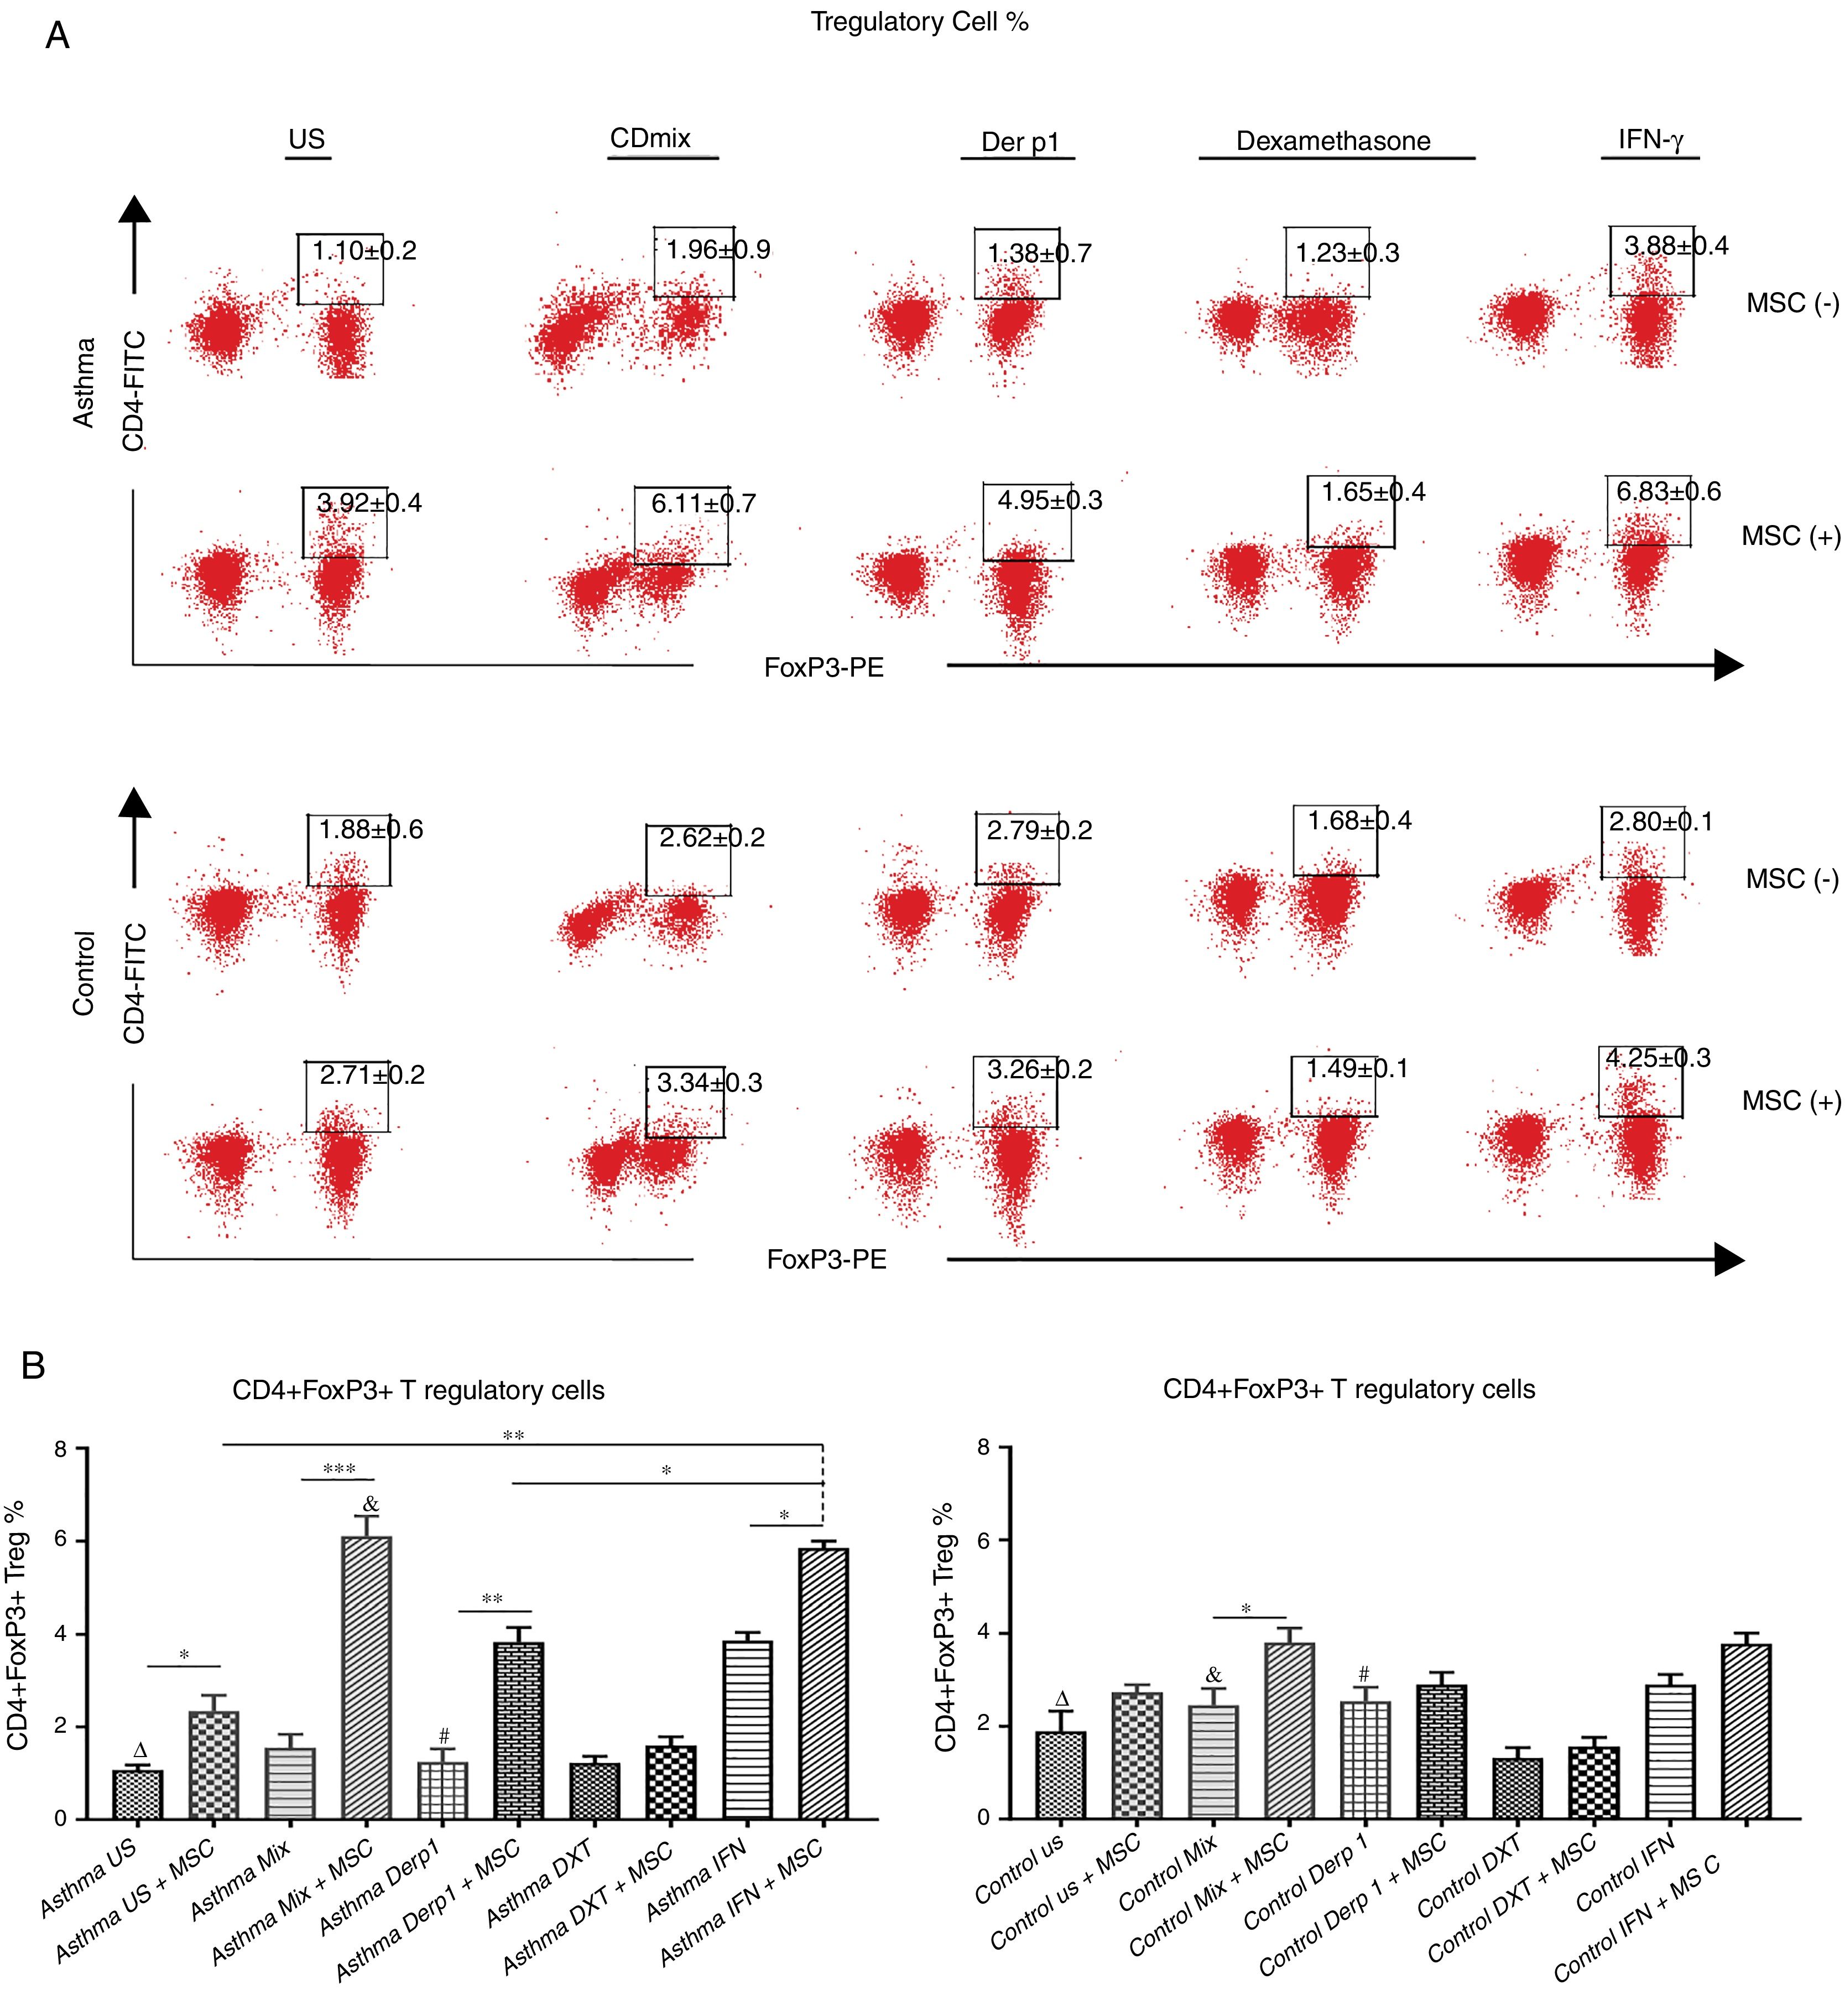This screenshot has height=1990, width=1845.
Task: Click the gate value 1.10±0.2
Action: [364, 251]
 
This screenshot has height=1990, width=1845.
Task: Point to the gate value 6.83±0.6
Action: [1668, 491]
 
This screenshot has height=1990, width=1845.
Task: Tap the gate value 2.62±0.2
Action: [712, 838]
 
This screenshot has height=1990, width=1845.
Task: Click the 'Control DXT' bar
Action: [1518, 1788]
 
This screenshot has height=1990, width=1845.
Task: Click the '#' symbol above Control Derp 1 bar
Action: [1364, 1675]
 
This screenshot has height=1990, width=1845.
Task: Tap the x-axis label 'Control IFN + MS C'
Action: [1638, 1922]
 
